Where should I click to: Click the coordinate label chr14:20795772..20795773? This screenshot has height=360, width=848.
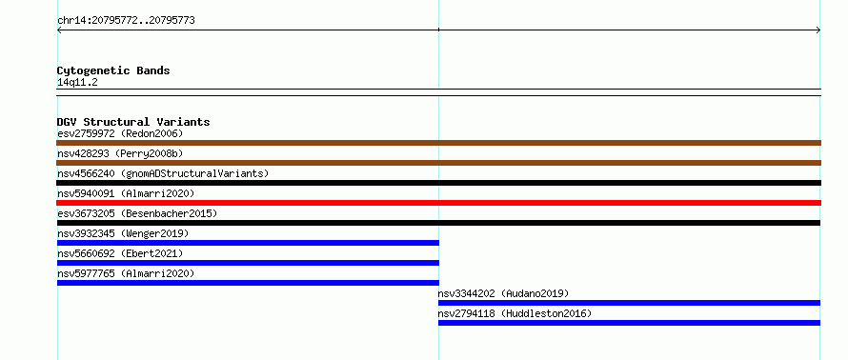pyautogui.click(x=126, y=21)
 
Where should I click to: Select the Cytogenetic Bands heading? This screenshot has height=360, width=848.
pyautogui.click(x=113, y=70)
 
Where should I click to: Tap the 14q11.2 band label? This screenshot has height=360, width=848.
pyautogui.click(x=77, y=83)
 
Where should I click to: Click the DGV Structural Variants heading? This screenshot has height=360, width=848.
pyautogui.click(x=133, y=122)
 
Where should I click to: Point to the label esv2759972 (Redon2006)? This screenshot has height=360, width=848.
pyautogui.click(x=120, y=133)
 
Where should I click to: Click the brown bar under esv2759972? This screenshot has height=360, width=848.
pyautogui.click(x=438, y=143)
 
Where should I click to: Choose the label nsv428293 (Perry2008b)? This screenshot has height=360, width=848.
pyautogui.click(x=120, y=153)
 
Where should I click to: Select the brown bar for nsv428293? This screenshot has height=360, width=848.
pyautogui.click(x=438, y=163)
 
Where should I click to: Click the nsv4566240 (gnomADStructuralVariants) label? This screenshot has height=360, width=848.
pyautogui.click(x=163, y=173)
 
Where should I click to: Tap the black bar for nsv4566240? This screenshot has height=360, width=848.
pyautogui.click(x=438, y=183)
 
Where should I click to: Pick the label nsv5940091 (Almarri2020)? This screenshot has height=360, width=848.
pyautogui.click(x=126, y=193)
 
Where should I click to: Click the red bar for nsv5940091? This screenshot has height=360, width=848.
pyautogui.click(x=438, y=203)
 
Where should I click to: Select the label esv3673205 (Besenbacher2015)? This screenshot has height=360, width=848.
pyautogui.click(x=137, y=213)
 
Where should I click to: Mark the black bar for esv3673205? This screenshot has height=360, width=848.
pyautogui.click(x=438, y=223)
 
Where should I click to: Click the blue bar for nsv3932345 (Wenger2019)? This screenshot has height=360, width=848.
pyautogui.click(x=248, y=243)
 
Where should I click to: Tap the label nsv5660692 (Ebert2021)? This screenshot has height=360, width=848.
pyautogui.click(x=120, y=253)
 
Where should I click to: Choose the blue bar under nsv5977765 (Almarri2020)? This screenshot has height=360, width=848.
pyautogui.click(x=248, y=283)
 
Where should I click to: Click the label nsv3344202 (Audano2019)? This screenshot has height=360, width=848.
pyautogui.click(x=503, y=293)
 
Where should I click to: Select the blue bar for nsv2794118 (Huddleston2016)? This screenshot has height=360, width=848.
pyautogui.click(x=629, y=323)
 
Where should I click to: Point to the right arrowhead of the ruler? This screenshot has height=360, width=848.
pyautogui.click(x=819, y=30)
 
